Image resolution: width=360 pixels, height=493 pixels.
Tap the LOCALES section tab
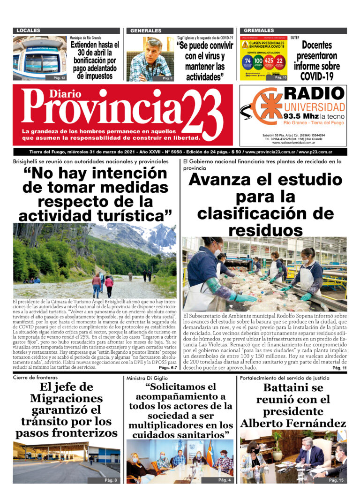tap(28, 30)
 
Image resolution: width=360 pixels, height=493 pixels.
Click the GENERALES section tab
tap(146, 30)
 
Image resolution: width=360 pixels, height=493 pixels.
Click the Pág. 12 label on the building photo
tap(59, 77)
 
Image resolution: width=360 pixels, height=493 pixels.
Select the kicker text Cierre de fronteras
tap(36, 377)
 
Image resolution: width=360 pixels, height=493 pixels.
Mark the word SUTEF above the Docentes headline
tap(295, 37)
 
